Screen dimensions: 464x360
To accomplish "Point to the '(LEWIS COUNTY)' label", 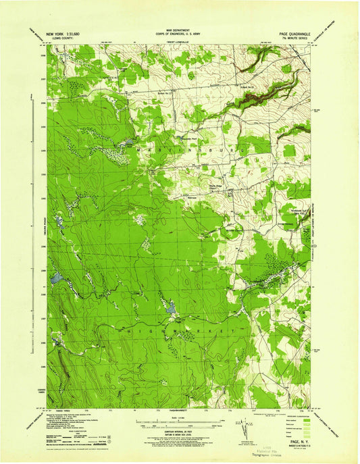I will [59, 37].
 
